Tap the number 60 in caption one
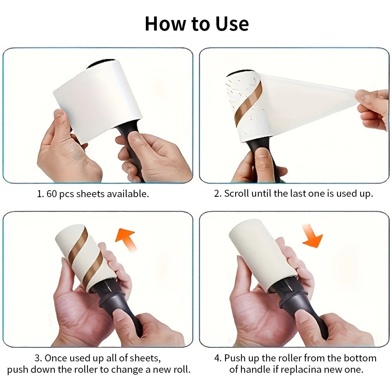52,194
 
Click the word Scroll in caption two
236,194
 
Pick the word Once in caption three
56,358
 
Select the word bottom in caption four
360,358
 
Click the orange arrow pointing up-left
126,239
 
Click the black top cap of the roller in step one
101,64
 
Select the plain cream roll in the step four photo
261,256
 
